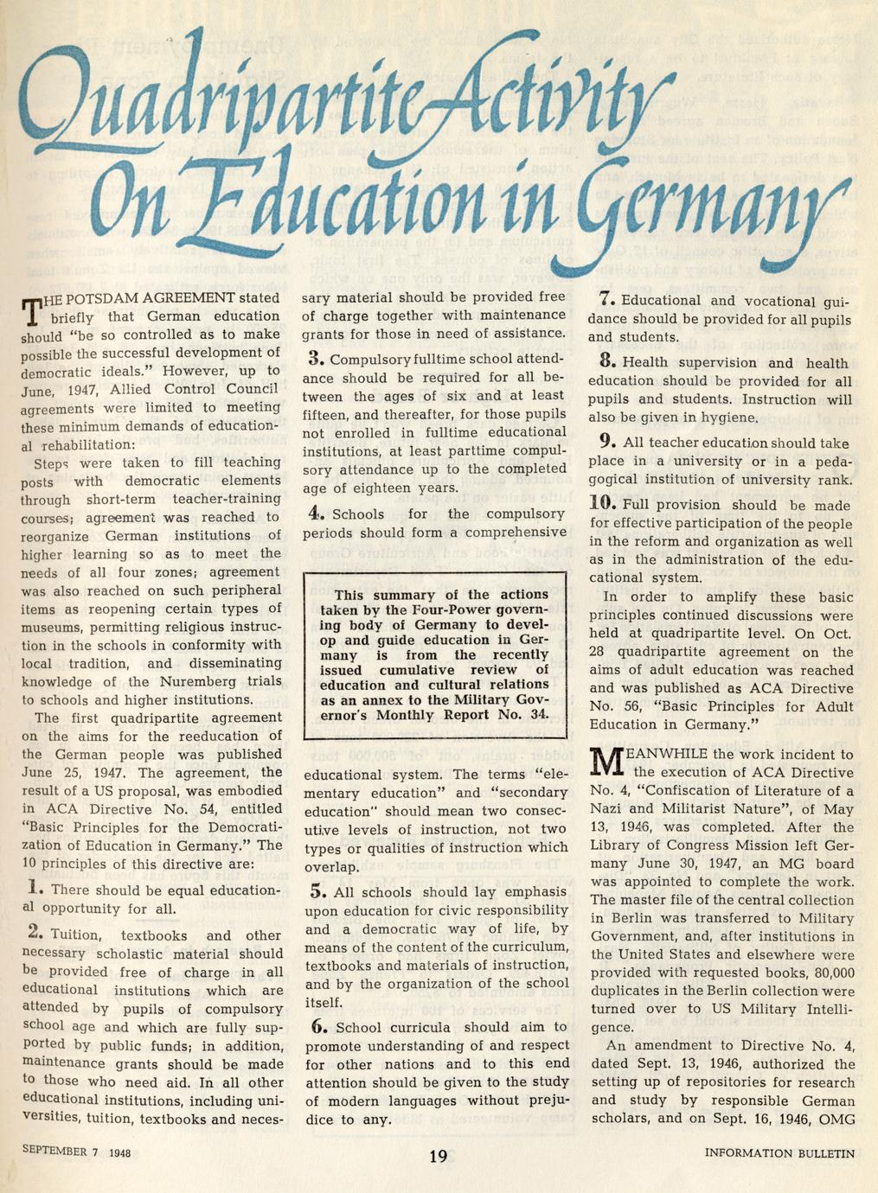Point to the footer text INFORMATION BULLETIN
[x=779, y=1153]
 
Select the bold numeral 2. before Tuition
[x=35, y=933]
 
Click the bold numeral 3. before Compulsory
[x=316, y=358]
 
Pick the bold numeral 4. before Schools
[x=316, y=512]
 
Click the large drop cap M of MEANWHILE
[x=607, y=762]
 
